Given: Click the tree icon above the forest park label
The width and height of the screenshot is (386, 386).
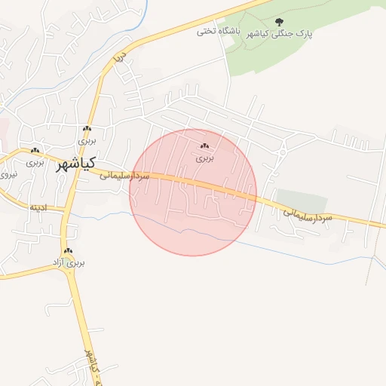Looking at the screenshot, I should pyautogui.click(x=280, y=22).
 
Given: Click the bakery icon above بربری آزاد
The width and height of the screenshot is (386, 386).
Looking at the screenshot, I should pyautogui.click(x=69, y=251).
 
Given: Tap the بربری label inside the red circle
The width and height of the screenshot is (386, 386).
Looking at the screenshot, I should pyautogui.click(x=206, y=158).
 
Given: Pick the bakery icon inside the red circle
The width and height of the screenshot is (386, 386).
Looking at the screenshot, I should pyautogui.click(x=205, y=146).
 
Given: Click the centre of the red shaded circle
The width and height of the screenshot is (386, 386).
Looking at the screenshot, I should pyautogui.click(x=193, y=192).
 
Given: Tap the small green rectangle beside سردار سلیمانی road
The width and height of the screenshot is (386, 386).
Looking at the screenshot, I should pyautogui.click(x=302, y=201).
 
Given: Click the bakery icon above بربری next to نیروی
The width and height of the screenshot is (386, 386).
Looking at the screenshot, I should pyautogui.click(x=35, y=150).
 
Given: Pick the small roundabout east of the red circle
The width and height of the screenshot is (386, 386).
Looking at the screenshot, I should pyautogui.click(x=280, y=152).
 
